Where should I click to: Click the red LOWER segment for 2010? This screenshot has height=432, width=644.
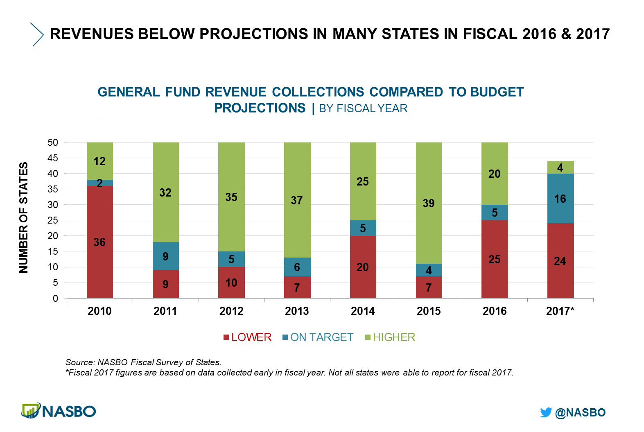tap(99, 242)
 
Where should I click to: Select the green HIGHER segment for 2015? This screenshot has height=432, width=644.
tap(429, 203)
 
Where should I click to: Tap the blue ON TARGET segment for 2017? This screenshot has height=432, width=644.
tap(560, 199)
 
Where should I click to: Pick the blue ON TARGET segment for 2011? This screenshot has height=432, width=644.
tap(165, 256)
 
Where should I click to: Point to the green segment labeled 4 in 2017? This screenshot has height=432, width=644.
tap(560, 167)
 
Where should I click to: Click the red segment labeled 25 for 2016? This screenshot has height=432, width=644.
tap(495, 259)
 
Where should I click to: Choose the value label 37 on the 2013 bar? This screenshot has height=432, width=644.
tap(297, 200)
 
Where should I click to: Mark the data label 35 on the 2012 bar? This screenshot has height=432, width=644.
tap(231, 197)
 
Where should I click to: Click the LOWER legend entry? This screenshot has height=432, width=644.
tap(247, 337)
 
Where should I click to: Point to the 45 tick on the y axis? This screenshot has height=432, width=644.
tap(53, 158)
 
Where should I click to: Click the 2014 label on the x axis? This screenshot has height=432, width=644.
tap(363, 311)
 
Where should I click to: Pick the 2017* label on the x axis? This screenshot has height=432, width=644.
tap(560, 311)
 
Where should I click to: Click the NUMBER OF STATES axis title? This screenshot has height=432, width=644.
tap(24, 217)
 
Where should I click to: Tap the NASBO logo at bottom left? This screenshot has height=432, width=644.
tap(59, 411)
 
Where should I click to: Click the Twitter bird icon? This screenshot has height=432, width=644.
tap(546, 412)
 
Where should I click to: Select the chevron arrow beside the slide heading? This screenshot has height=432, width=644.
tap(37, 34)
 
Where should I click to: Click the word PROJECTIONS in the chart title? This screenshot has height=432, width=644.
tap(260, 108)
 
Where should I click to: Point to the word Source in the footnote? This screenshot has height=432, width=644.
tap(79, 362)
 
